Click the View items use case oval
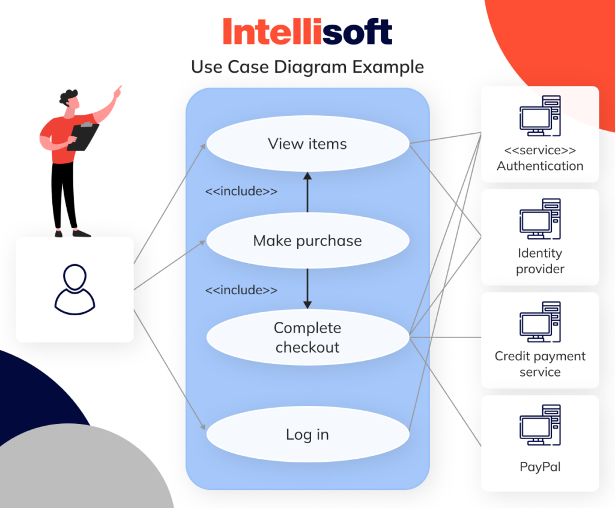pyautogui.click(x=307, y=144)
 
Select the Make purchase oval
pyautogui.click(x=307, y=241)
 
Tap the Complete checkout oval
pyautogui.click(x=307, y=337)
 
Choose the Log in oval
pyautogui.click(x=307, y=435)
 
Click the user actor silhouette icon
pyautogui.click(x=74, y=289)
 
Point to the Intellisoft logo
pyautogui.click(x=307, y=32)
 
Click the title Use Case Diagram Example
pyautogui.click(x=307, y=67)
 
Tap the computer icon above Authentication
pyautogui.click(x=540, y=116)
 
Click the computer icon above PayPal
pyautogui.click(x=540, y=425)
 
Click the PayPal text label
pyautogui.click(x=540, y=467)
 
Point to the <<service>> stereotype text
pyautogui.click(x=540, y=151)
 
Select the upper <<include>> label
pyautogui.click(x=241, y=192)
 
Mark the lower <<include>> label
pyautogui.click(x=241, y=290)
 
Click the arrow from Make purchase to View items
pyautogui.click(x=307, y=192)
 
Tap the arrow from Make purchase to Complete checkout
pyautogui.click(x=307, y=288)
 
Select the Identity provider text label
pyautogui.click(x=540, y=261)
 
